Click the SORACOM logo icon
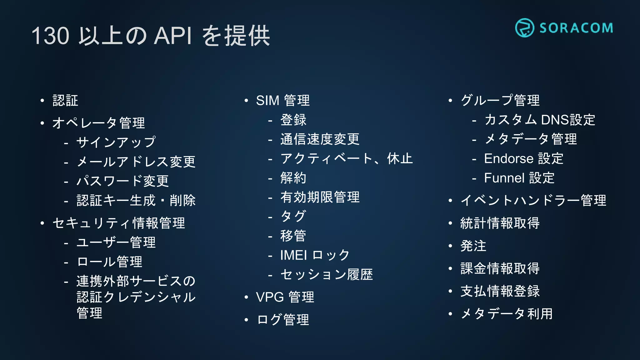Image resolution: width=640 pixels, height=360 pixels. [x=524, y=28]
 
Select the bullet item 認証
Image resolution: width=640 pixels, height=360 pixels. [x=65, y=101]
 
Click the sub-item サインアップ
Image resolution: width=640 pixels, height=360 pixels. [x=116, y=142]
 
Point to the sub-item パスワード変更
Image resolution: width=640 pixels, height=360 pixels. [x=122, y=181]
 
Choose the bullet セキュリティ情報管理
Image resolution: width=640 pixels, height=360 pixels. [x=119, y=223]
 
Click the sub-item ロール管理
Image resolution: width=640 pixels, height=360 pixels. [x=109, y=262]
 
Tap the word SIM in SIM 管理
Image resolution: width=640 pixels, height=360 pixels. [x=267, y=101]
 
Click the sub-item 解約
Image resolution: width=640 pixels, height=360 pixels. [x=293, y=178]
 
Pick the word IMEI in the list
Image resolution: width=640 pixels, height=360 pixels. [x=293, y=255]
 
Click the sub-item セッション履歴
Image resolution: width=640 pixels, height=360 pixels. [x=327, y=275]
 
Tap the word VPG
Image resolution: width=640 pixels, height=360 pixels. [x=270, y=297]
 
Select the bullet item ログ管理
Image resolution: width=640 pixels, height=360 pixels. [x=283, y=320]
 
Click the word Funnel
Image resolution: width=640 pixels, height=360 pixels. [x=504, y=178]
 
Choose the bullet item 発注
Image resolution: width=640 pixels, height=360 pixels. [x=473, y=246]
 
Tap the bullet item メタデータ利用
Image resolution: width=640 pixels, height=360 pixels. [x=507, y=314]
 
